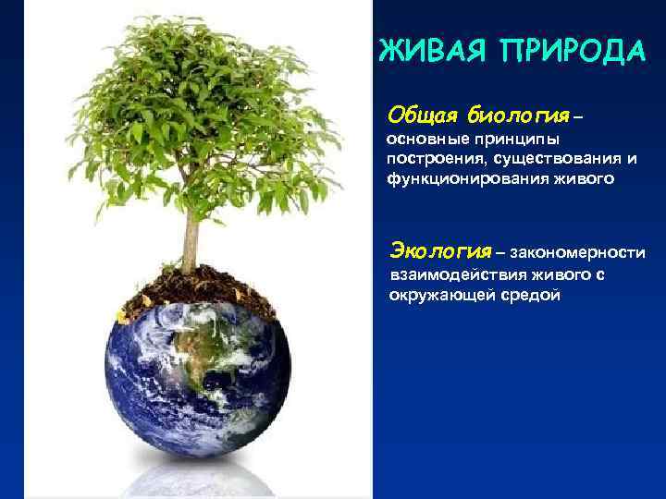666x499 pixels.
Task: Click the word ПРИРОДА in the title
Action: coord(571,51)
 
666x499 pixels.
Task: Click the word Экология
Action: coord(439,249)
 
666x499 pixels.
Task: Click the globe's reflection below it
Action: coord(199,476)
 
